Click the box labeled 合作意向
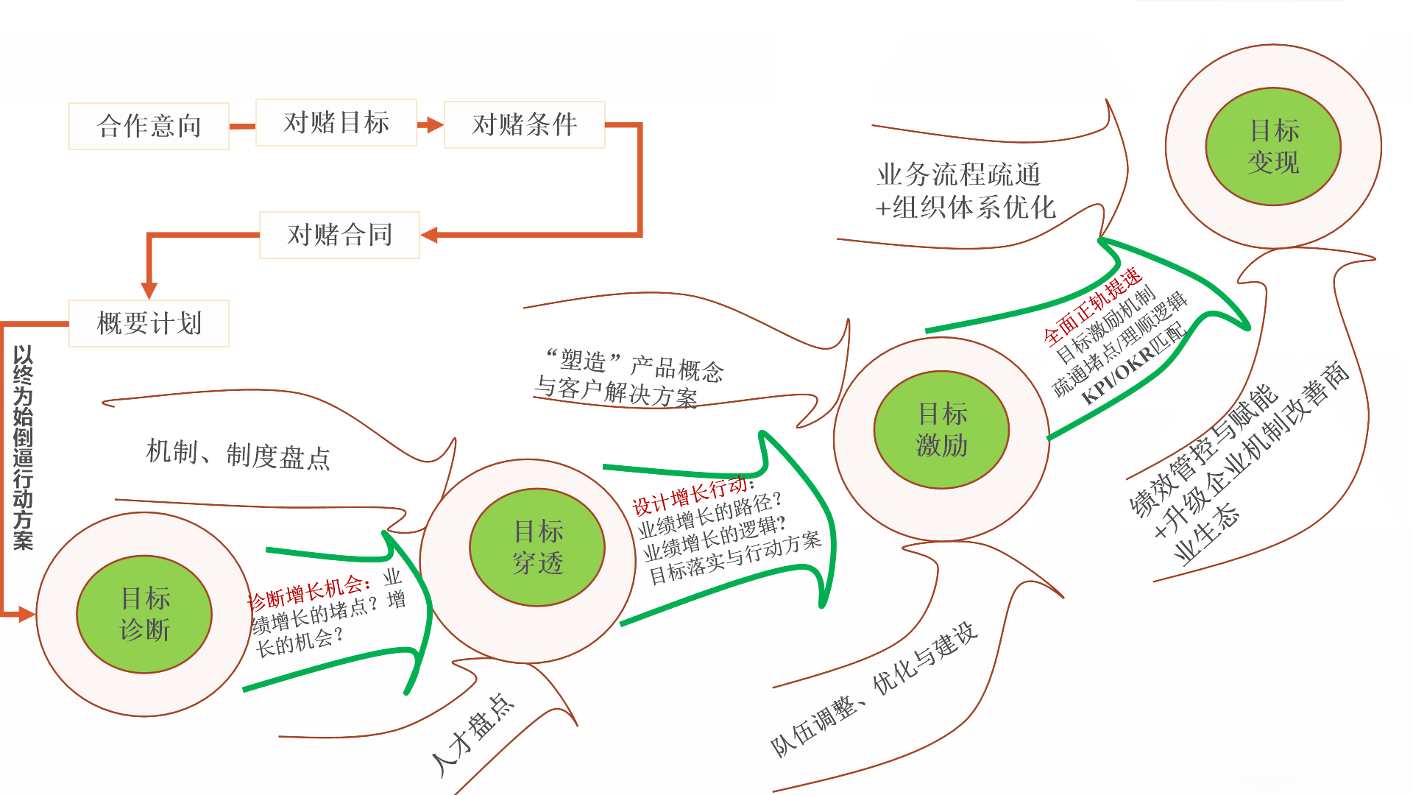tap(149, 126)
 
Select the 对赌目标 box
tap(336, 122)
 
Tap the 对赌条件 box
tap(525, 124)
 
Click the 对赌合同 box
tap(339, 235)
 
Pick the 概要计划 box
tap(149, 323)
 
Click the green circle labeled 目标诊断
tap(144, 614)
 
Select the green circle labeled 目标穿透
tap(537, 548)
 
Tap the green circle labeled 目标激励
tap(941, 430)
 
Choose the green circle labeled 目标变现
tap(1273, 146)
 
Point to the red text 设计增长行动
tap(692, 495)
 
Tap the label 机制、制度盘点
tap(238, 454)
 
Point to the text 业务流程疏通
tap(958, 175)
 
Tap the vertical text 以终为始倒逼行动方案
tap(23, 448)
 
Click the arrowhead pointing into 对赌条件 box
tap(434, 124)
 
